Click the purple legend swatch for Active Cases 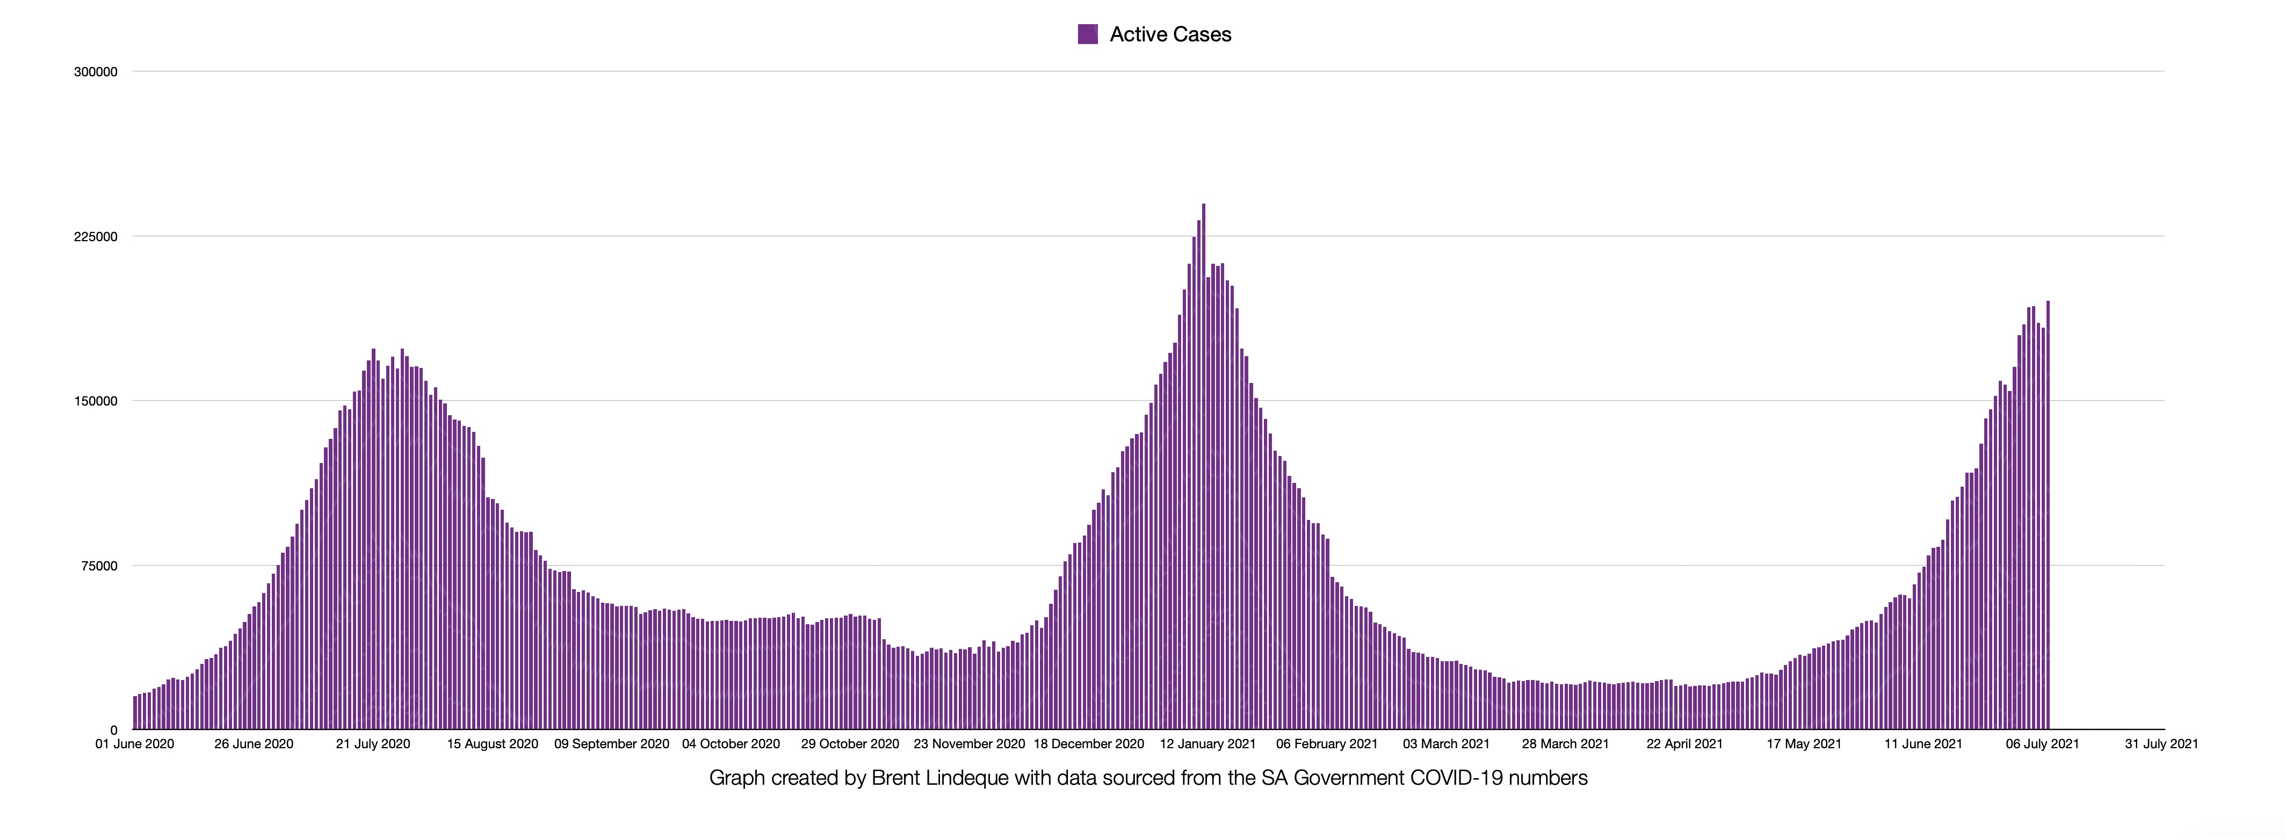click(1088, 34)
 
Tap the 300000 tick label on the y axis click(96, 72)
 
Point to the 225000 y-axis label click(96, 237)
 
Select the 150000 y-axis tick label click(96, 401)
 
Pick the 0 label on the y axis click(113, 730)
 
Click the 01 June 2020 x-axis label click(135, 744)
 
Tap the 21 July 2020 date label click(373, 744)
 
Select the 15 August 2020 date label click(493, 744)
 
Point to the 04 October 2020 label click(731, 744)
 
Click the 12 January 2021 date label click(1207, 744)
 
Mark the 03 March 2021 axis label click(1446, 744)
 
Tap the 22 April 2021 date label click(1684, 744)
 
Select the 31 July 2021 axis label click(2161, 744)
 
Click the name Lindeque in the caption click(967, 778)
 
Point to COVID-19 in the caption click(1456, 778)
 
